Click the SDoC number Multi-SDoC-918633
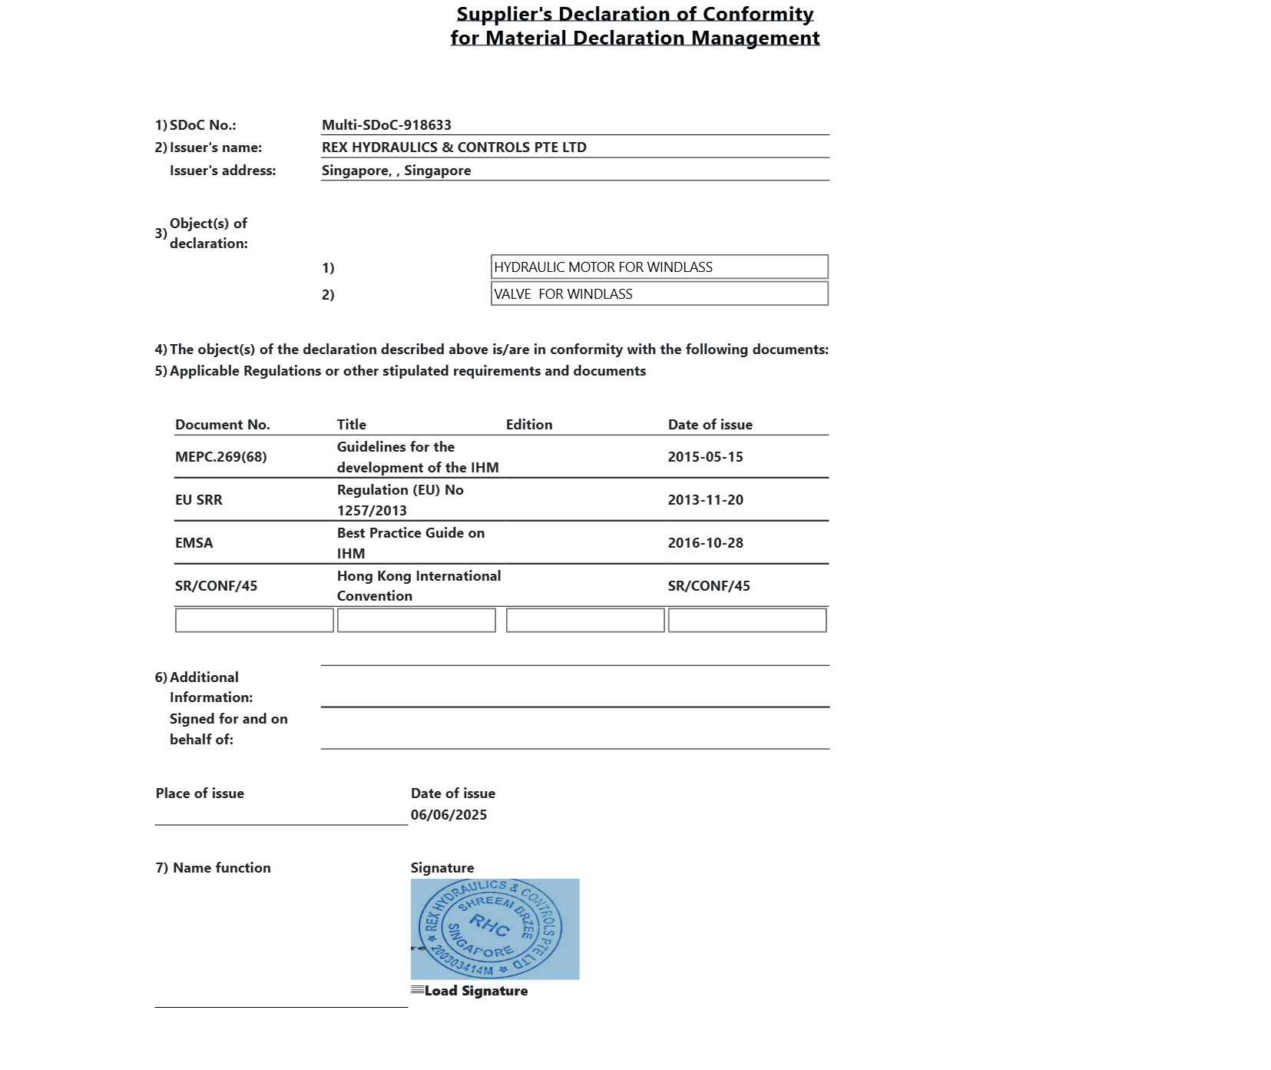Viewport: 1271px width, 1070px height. coord(386,125)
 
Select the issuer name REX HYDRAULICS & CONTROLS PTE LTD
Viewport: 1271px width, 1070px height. coord(454,147)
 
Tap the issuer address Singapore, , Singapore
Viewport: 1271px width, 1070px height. coord(396,171)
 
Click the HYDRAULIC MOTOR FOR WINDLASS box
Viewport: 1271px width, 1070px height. coord(659,267)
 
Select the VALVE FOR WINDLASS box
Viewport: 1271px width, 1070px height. coord(659,294)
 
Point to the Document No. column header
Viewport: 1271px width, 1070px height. coord(223,425)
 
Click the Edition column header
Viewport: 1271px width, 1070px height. coord(529,425)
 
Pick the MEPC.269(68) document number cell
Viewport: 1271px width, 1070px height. coord(221,457)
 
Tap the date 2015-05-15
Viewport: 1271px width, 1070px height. coord(705,457)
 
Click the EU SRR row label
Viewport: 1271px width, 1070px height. coord(199,500)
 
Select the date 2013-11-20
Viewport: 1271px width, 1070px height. coord(705,500)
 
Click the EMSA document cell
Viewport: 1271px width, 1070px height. coord(194,543)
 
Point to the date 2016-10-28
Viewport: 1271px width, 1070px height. coord(705,543)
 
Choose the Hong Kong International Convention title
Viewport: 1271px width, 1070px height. coord(419,586)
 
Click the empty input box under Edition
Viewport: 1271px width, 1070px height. coord(585,621)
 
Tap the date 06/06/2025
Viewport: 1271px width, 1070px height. coord(448,815)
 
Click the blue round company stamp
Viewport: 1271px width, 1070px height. coord(491,928)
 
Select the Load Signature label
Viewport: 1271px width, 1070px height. coord(475,991)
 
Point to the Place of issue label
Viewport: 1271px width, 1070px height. coord(200,793)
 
